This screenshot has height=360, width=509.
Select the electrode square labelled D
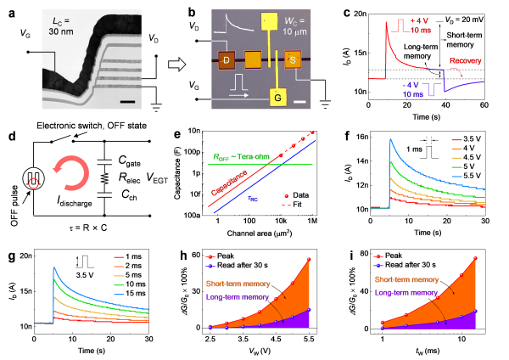(x=227, y=60)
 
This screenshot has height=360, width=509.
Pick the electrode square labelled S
(x=293, y=60)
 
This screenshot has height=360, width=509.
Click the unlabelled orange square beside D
(x=252, y=60)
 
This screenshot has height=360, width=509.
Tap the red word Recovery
(x=466, y=62)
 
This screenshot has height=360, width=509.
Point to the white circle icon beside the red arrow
(x=34, y=177)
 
